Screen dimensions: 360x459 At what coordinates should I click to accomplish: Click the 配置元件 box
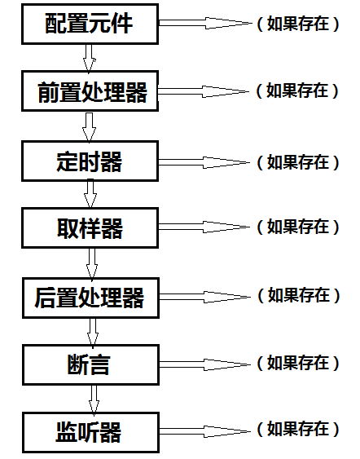coord(90,24)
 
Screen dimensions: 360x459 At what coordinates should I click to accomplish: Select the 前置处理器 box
coord(90,90)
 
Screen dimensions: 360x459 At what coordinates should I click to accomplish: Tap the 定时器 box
coord(90,161)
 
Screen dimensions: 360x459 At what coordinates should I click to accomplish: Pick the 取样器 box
coord(90,228)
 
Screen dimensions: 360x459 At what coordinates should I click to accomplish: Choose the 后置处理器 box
coord(91,298)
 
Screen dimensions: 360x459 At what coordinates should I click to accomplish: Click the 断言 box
coord(91,364)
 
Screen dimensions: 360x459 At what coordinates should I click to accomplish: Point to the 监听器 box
coord(91,433)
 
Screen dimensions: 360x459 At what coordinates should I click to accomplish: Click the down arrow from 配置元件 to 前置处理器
coord(90,58)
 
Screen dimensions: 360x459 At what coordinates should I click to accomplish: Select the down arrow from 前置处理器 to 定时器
coord(90,126)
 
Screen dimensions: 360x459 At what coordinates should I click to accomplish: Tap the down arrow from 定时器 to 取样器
coord(90,194)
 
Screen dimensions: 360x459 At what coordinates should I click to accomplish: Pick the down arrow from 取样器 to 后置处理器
coord(92,263)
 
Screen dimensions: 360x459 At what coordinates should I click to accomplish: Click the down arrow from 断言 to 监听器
coord(94,399)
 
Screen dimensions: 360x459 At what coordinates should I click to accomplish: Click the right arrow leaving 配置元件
coord(205,23)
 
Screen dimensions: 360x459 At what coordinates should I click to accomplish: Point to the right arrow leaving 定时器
coord(204,162)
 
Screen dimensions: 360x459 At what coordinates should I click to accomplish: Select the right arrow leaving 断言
coord(205,364)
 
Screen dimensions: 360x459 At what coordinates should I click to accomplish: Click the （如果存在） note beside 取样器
coord(298,227)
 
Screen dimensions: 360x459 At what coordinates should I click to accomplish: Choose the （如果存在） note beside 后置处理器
coord(299,295)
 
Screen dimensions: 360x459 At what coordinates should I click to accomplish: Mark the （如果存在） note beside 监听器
coord(298,429)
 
